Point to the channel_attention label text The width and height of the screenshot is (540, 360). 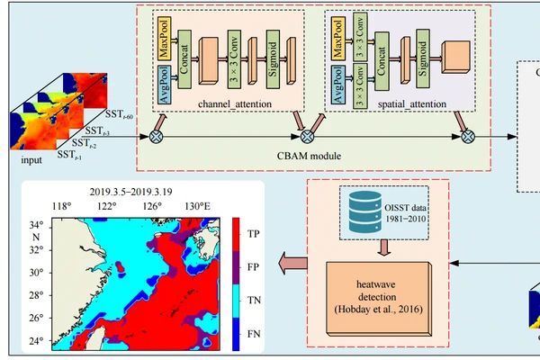point(216,104)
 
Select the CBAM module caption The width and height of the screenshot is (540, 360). point(309,156)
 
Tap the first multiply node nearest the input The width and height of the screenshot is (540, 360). point(156,136)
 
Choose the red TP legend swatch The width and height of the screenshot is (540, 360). point(237,232)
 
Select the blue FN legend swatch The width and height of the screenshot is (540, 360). point(237,333)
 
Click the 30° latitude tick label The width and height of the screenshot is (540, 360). point(35,271)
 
